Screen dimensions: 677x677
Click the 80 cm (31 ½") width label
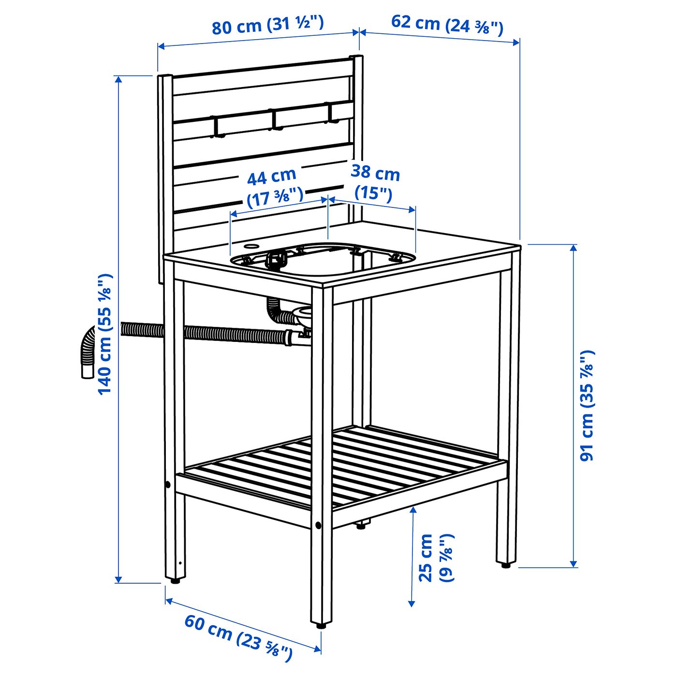click(267, 25)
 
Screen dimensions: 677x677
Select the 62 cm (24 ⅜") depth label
click(447, 25)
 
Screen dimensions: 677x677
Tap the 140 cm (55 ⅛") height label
click(105, 334)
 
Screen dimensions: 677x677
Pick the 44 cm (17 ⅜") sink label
click(273, 186)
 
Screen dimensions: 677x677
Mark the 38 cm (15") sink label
click(375, 181)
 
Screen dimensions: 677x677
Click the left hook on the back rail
click(216, 127)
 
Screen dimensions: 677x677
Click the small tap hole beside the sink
click(250, 246)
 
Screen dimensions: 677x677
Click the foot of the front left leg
click(174, 580)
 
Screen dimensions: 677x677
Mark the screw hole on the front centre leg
click(318, 525)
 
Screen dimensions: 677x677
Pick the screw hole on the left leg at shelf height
click(167, 485)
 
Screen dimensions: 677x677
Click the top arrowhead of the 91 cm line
click(574, 247)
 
